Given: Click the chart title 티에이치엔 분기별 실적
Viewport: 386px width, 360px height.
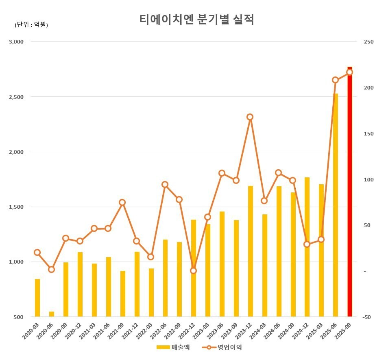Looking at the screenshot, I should click(196, 20).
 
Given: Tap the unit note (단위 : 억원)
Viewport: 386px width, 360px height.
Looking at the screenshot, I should click(31, 25).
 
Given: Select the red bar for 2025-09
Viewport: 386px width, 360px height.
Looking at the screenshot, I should click(349, 191).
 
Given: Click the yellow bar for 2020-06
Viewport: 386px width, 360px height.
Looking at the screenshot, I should click(52, 314).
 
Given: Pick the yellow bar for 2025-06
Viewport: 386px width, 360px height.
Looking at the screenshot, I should click(336, 205).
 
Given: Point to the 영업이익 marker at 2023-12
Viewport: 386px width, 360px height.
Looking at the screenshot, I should click(250, 117).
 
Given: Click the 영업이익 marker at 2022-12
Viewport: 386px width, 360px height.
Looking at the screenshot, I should click(194, 271).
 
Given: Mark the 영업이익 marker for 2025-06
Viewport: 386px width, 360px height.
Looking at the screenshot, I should click(336, 80).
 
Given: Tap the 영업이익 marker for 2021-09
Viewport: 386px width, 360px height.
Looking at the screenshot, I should click(122, 203).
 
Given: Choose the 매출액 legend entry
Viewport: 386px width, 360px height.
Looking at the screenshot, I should click(173, 347).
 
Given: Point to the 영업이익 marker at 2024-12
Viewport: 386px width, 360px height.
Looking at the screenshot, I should click(307, 244).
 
